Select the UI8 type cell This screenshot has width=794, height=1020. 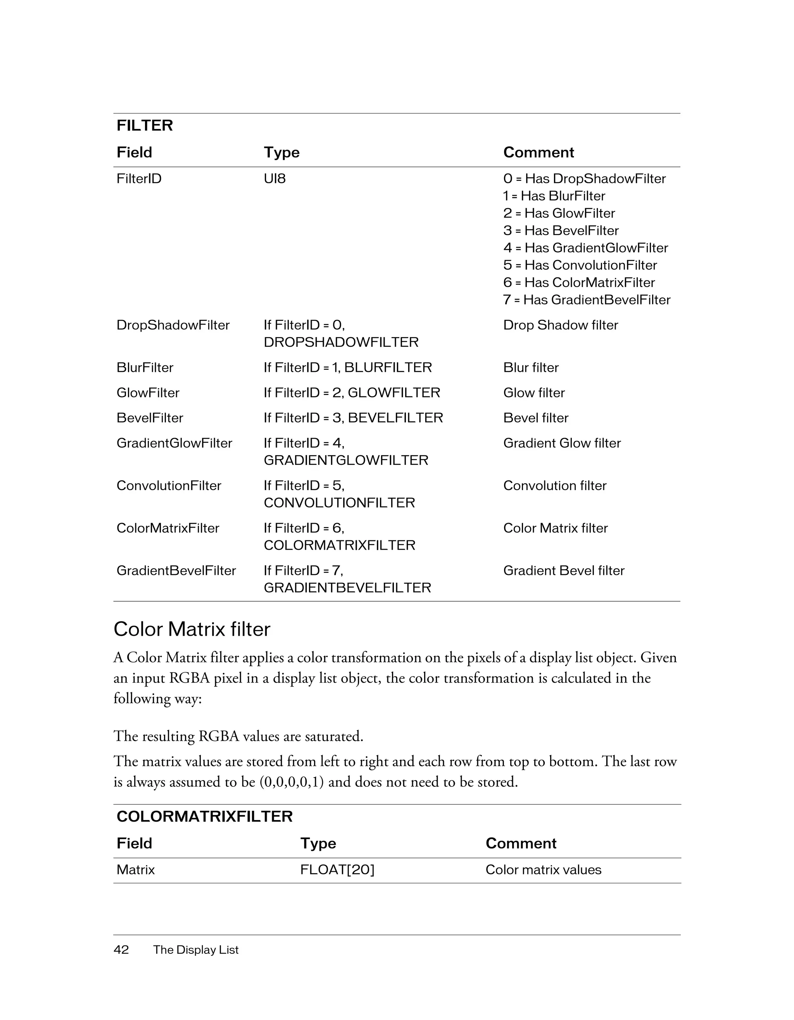click(274, 179)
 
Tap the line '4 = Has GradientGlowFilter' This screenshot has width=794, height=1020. click(585, 248)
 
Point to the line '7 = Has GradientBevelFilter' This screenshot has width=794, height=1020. click(586, 300)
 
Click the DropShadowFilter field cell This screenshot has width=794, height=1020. click(173, 325)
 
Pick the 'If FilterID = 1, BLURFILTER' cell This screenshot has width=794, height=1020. click(347, 368)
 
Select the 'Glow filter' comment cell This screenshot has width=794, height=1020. click(534, 393)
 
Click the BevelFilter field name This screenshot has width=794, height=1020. click(150, 418)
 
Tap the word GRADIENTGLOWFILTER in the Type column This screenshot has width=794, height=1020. click(346, 461)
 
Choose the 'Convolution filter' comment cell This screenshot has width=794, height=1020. click(554, 486)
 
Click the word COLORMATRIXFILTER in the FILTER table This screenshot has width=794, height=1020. click(339, 545)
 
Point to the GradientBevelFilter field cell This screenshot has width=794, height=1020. click(176, 571)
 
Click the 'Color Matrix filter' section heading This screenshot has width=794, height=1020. click(192, 630)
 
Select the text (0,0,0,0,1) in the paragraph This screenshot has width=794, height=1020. click(291, 782)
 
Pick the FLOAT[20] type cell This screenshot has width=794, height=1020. click(337, 870)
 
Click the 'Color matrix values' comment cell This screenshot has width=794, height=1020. click(543, 870)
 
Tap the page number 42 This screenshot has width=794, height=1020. click(121, 949)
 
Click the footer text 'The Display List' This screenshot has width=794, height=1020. click(196, 949)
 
